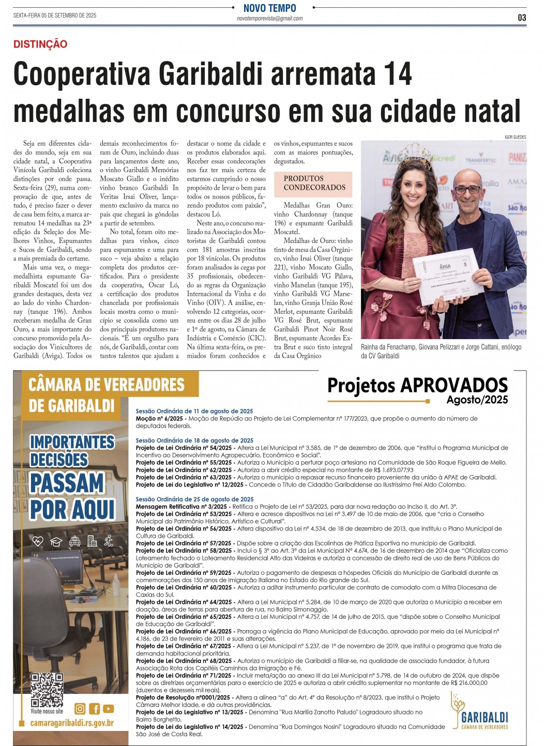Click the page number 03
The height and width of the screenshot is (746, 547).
(x=522, y=18)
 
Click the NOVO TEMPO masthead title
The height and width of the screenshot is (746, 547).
(x=269, y=8)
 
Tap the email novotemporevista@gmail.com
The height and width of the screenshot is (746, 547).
(x=269, y=18)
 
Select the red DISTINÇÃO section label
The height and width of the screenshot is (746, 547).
(x=40, y=44)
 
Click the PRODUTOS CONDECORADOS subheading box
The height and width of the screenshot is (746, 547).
(x=314, y=183)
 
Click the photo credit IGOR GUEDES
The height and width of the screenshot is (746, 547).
(x=515, y=137)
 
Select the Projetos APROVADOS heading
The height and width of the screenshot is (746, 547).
(x=417, y=385)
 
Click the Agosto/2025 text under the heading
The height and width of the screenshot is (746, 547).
(x=477, y=400)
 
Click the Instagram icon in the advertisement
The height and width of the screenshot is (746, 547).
(x=80, y=709)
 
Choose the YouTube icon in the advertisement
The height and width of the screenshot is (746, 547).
(x=109, y=709)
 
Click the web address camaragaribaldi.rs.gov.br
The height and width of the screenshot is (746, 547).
(x=72, y=723)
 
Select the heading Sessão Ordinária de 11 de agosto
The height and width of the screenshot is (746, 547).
(x=194, y=411)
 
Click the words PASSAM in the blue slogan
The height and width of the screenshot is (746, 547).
(x=67, y=483)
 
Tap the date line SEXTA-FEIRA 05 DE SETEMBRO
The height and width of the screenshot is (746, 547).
(x=55, y=16)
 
